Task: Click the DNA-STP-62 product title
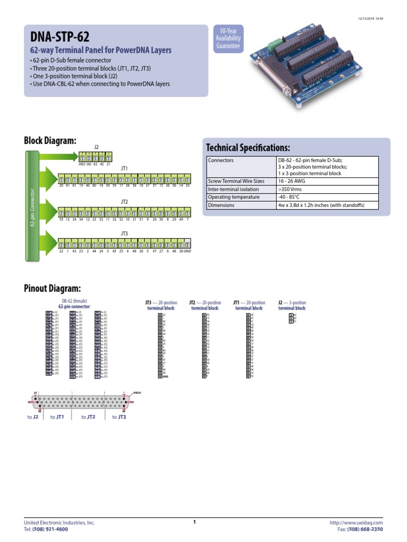coord(59,37)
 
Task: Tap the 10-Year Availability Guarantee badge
coord(227,39)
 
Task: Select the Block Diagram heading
coord(50,140)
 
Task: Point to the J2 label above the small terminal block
coord(96,147)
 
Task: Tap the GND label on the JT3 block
coord(187,251)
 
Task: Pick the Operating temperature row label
coord(234,197)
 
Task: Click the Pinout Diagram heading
coord(52,288)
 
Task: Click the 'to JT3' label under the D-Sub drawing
coord(119,417)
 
